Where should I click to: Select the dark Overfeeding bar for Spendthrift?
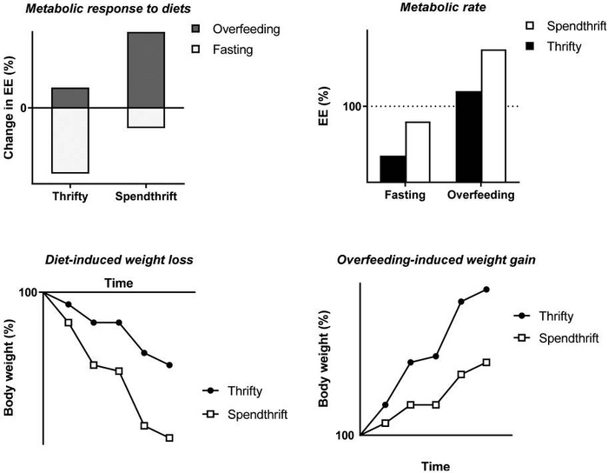145,70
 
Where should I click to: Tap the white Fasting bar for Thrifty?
70,140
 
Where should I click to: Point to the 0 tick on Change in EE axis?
23,108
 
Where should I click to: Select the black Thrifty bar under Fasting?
393,169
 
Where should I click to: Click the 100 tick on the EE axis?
352,107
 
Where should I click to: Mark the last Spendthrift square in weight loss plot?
169,437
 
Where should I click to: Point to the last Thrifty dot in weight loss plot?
169,365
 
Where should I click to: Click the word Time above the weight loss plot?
118,283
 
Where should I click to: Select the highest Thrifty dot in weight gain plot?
486,289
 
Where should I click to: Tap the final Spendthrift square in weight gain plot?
486,362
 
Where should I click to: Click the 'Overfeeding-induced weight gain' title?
434,259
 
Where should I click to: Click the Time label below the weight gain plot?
435,466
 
